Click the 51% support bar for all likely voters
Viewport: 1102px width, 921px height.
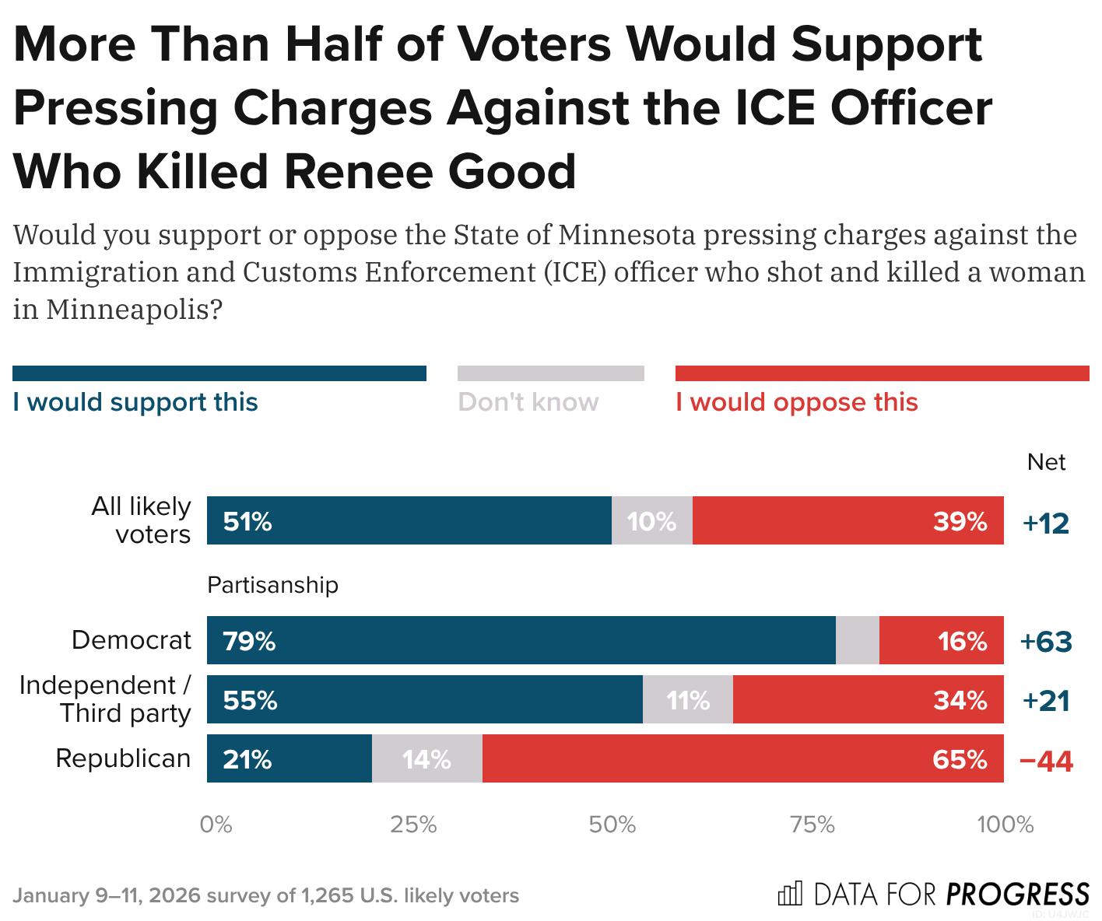pyautogui.click(x=409, y=520)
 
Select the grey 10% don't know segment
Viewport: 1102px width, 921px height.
pyautogui.click(x=652, y=520)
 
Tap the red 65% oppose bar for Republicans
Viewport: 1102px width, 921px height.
pyautogui.click(x=742, y=758)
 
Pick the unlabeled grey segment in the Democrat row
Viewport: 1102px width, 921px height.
pyautogui.click(x=858, y=640)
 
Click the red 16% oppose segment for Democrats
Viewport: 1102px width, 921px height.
pyautogui.click(x=941, y=640)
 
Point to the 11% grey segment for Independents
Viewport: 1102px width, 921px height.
pyautogui.click(x=688, y=699)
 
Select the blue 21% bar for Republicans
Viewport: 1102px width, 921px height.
pyautogui.click(x=289, y=758)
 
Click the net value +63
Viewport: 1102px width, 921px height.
pyautogui.click(x=1046, y=642)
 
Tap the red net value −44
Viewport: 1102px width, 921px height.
pyautogui.click(x=1046, y=761)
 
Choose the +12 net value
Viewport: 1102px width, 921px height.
pyautogui.click(x=1046, y=523)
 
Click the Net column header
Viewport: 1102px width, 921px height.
pyautogui.click(x=1046, y=462)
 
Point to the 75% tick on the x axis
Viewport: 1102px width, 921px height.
pyautogui.click(x=812, y=825)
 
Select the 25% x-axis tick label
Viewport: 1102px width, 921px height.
pyautogui.click(x=413, y=825)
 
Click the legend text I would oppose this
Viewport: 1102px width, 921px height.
pyautogui.click(x=797, y=402)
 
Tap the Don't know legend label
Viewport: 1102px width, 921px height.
pyautogui.click(x=528, y=402)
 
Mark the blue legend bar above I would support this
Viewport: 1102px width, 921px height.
pyautogui.click(x=219, y=373)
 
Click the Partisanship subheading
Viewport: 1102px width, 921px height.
pyautogui.click(x=272, y=585)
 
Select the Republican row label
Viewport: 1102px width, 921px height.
pyautogui.click(x=123, y=758)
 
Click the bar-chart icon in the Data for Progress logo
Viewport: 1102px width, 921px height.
pyautogui.click(x=790, y=894)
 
